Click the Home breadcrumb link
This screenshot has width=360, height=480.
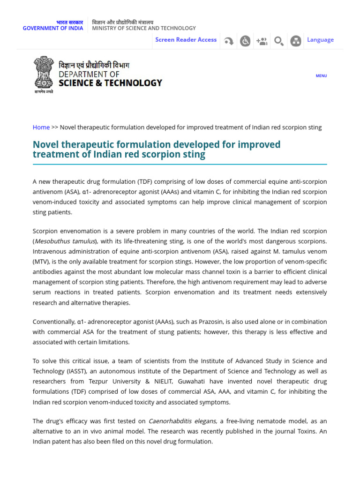point(41,127)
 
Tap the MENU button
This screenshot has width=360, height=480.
point(321,76)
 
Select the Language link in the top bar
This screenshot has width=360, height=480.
point(320,40)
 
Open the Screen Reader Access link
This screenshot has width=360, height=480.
point(186,40)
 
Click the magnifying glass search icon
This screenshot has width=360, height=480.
point(278,41)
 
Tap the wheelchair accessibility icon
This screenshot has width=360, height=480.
point(245,41)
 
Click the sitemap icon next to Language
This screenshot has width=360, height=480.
point(295,41)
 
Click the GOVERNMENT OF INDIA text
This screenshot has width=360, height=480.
point(53,28)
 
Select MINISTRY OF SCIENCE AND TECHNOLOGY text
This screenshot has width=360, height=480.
point(144,28)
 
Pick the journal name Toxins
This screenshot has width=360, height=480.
point(306,431)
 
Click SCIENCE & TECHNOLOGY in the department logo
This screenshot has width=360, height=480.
point(110,83)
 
